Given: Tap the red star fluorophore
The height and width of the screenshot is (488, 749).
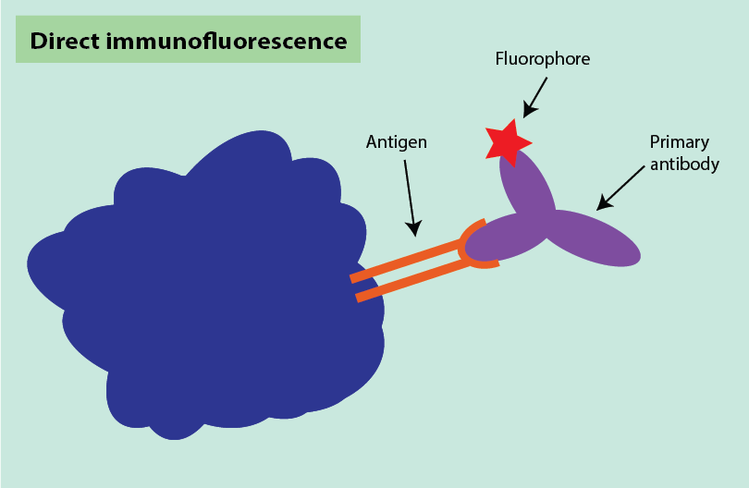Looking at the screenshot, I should tap(507, 141).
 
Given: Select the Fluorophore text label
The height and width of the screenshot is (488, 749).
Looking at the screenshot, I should tap(543, 59).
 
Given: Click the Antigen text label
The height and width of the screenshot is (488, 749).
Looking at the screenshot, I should tap(397, 142).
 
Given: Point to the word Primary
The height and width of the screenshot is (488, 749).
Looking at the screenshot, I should tap(679, 142).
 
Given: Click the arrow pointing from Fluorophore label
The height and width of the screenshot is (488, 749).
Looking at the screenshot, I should tap(536, 96).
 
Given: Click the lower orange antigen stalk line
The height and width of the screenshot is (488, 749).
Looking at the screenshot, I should tap(411, 281).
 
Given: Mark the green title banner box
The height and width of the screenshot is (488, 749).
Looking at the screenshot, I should tap(188, 40).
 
